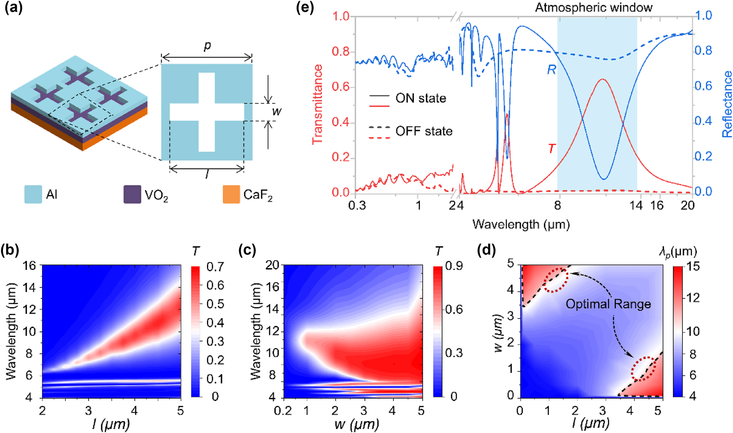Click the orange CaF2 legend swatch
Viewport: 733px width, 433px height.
tap(231, 194)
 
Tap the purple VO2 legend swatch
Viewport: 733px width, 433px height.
tap(132, 194)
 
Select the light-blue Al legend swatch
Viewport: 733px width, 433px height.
tap(33, 194)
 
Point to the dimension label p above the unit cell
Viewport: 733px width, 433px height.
tap(207, 45)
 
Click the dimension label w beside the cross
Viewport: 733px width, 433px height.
tap(277, 111)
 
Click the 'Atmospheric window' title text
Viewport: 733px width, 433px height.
tap(593, 7)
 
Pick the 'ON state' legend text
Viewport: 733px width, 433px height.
tap(421, 98)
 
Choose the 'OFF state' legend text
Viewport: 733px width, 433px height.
tap(424, 131)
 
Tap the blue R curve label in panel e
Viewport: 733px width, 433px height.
tap(551, 69)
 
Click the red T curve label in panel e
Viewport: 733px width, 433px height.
tap(551, 148)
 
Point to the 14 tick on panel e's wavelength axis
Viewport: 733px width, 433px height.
tap(636, 205)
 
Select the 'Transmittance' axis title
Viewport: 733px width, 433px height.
tap(317, 104)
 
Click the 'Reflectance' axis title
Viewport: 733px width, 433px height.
tap(727, 104)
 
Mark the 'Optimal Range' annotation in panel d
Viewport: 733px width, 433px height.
tap(608, 304)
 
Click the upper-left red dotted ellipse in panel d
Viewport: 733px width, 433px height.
tap(555, 280)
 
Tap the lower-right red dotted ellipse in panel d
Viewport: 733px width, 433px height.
tap(643, 369)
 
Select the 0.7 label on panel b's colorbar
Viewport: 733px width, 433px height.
tap(215, 267)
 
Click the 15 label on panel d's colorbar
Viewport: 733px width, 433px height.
tap(693, 267)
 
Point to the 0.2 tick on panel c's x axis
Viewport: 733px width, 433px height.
tap(283, 411)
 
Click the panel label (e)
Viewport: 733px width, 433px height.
tap(305, 8)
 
